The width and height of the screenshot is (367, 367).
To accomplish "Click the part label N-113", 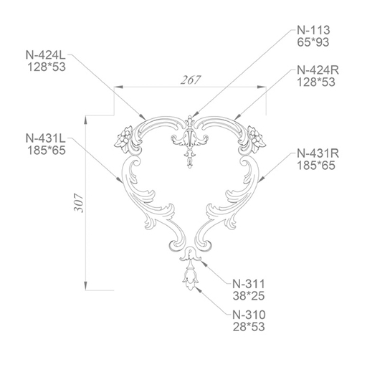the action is [313, 30].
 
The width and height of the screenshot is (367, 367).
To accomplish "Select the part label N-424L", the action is [45, 55].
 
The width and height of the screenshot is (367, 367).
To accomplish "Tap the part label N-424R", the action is [318, 70].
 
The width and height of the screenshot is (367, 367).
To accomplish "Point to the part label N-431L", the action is [45, 138].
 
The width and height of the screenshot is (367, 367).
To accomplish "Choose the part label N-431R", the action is [318, 153].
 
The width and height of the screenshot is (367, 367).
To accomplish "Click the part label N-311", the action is [249, 284].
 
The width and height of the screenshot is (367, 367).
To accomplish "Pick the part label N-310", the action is [249, 315].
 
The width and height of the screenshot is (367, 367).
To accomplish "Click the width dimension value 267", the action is [190, 80].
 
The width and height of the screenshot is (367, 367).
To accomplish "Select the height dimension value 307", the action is [79, 203].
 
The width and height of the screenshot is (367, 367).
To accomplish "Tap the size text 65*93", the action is [313, 42].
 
